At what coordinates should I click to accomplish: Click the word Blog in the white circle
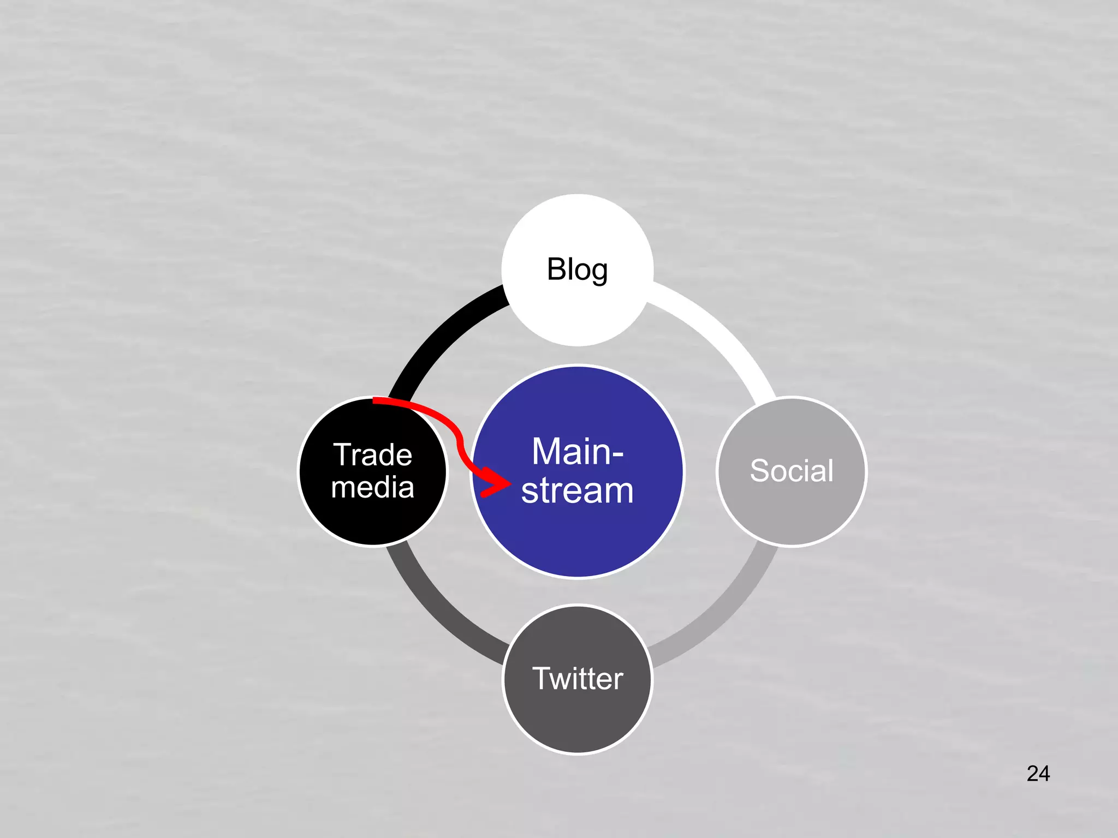click(577, 270)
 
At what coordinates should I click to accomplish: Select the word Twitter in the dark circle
click(578, 679)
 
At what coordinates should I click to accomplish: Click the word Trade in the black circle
click(373, 454)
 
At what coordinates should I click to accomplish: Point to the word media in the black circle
click(373, 487)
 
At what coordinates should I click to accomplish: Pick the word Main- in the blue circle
click(578, 452)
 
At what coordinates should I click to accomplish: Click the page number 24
click(1038, 774)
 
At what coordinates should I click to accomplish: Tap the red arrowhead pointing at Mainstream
click(497, 483)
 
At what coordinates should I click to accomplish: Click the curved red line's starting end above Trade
click(377, 401)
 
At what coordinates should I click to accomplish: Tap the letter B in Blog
click(557, 270)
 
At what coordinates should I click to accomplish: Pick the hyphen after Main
click(616, 453)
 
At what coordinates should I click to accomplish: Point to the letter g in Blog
click(599, 272)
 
